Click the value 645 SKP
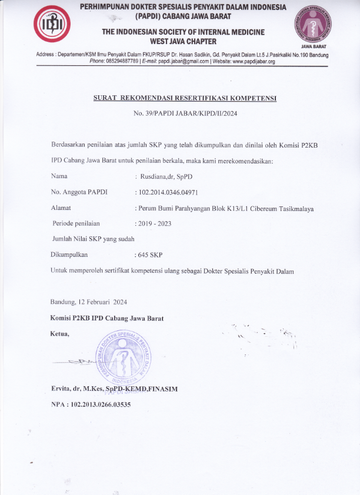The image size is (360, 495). point(151,255)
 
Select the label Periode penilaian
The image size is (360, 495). point(76,223)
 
